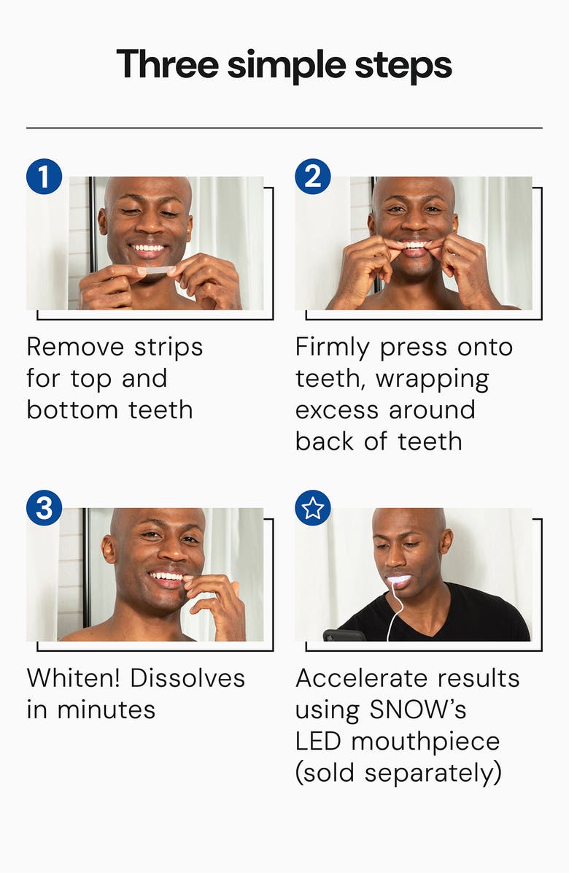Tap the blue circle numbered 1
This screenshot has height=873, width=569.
44,177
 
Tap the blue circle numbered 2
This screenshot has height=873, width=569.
312,177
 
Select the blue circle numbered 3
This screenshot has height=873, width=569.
44,508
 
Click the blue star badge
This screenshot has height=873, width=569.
312,508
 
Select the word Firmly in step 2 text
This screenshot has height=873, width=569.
333,347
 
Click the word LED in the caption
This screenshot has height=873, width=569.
319,741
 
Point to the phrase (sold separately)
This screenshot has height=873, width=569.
398,772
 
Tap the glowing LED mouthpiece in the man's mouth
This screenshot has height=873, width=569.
400,580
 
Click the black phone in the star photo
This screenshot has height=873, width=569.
344,635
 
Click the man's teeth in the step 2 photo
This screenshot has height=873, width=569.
414,245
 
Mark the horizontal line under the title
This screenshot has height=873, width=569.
284,128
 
